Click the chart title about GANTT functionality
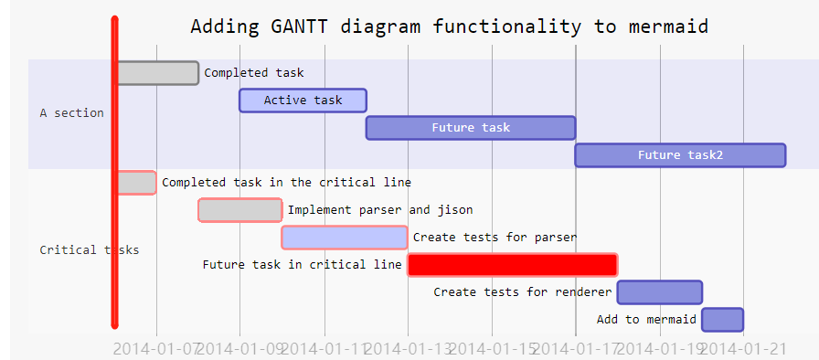point(449,26)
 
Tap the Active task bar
point(303,101)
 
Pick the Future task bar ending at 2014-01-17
point(471,128)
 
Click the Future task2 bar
point(680,155)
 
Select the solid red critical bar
point(512,265)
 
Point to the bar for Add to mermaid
point(722,320)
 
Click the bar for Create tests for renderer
point(659,292)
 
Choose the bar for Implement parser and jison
point(240,210)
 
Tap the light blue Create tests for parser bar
point(345,238)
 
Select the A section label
point(71,113)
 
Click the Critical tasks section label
point(89,250)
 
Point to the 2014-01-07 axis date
point(155,348)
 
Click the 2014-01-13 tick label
point(408,348)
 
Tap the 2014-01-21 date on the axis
point(743,348)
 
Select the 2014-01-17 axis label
point(576,348)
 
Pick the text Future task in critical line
point(302,265)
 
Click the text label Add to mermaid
point(646,320)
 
